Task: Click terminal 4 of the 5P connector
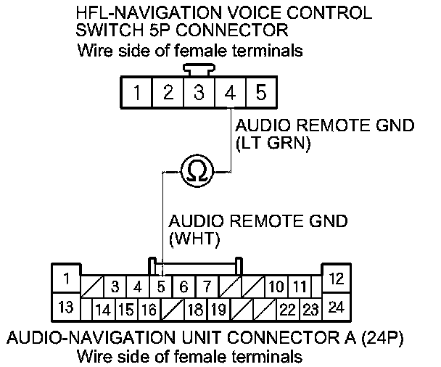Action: [x=229, y=93]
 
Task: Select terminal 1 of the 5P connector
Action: [x=136, y=93]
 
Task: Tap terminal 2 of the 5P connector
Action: [x=167, y=93]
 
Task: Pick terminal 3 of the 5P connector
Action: [x=198, y=93]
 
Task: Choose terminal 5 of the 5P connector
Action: [x=260, y=93]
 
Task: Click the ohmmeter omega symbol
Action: [x=197, y=171]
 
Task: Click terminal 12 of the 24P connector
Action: [x=336, y=278]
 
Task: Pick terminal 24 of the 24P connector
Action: [x=336, y=307]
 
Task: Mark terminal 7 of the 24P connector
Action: [x=207, y=286]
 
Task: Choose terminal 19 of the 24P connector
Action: [x=217, y=310]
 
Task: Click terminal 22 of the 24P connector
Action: [x=287, y=310]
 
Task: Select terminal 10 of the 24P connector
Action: [x=276, y=286]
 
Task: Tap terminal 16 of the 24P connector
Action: [x=149, y=310]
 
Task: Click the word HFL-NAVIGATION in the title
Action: [x=138, y=14]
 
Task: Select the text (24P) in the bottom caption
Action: [x=382, y=338]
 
